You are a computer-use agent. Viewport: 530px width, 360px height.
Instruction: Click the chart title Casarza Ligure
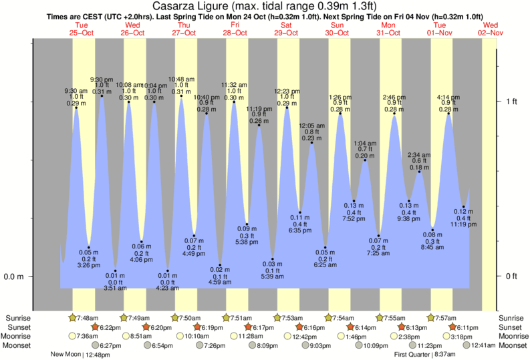pyautogui.click(x=265, y=6)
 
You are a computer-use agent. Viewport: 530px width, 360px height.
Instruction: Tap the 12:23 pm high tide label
pyautogui.click(x=287, y=91)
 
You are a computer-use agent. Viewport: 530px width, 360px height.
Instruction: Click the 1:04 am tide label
pyautogui.click(x=364, y=143)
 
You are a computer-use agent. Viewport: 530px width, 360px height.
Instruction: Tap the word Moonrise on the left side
pyautogui.click(x=18, y=336)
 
